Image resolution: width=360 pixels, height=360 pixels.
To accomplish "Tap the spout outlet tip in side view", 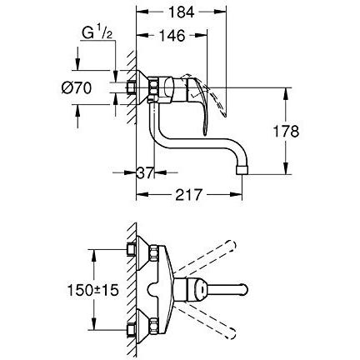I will coord(243,169).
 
